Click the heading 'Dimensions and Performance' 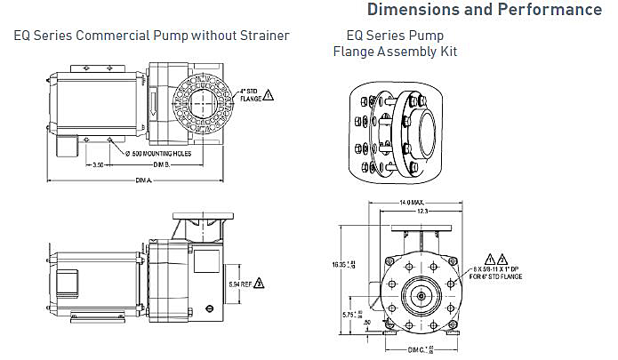[484, 11]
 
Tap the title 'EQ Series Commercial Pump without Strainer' [150, 36]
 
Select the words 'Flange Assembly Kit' [395, 52]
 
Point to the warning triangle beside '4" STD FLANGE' [269, 94]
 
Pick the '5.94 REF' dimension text [239, 284]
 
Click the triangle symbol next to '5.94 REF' [260, 284]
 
